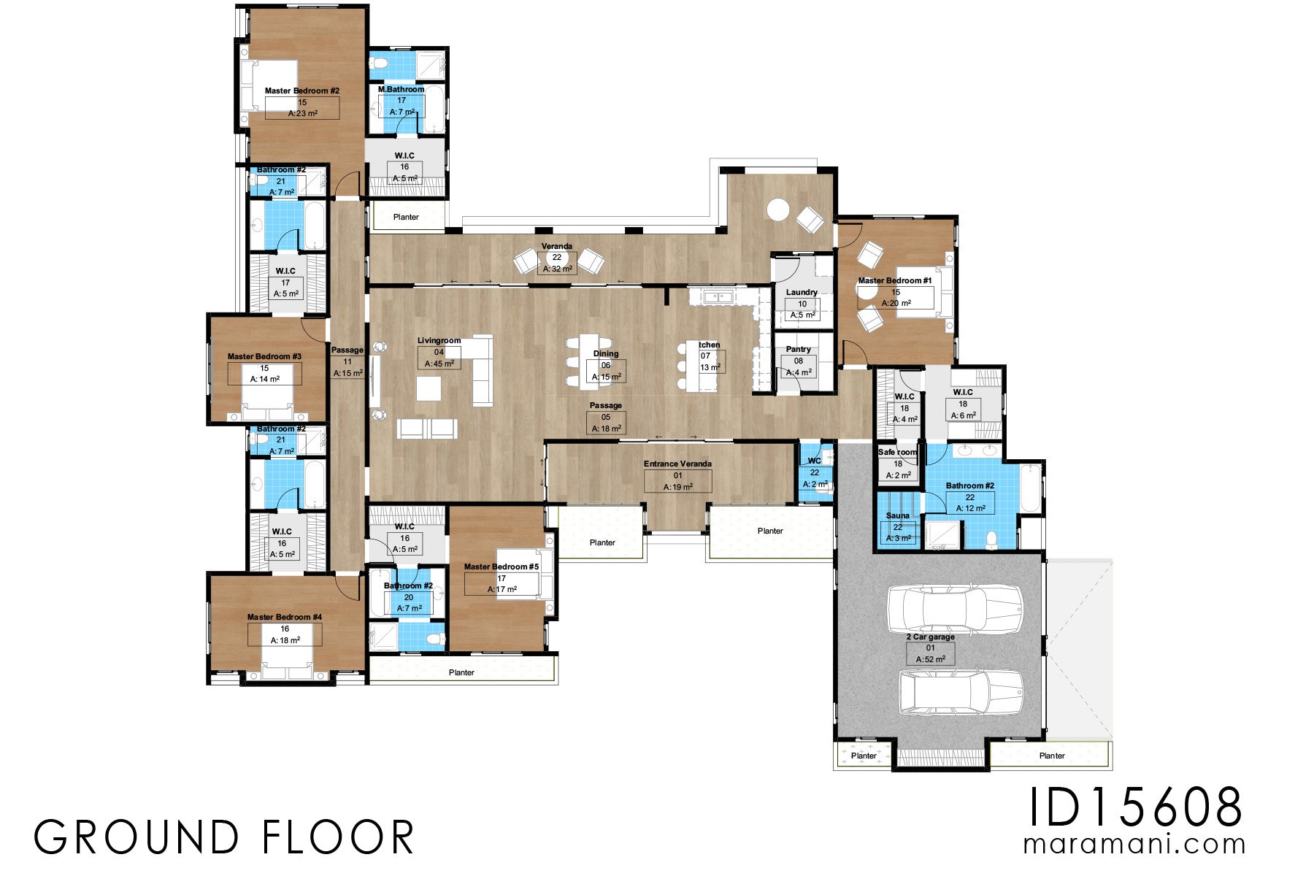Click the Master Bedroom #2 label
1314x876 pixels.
[x=301, y=91]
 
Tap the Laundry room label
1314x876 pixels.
[x=802, y=292]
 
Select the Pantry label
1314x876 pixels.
[x=799, y=350]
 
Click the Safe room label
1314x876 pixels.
[x=897, y=452]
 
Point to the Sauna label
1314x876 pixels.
[x=898, y=515]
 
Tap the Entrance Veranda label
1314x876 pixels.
[x=677, y=464]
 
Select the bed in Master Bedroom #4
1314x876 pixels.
[x=287, y=665]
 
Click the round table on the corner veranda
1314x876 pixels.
[x=777, y=210]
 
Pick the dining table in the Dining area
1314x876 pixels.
[x=589, y=362]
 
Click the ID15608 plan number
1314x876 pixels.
[x=1135, y=807]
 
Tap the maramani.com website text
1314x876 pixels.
[x=1134, y=845]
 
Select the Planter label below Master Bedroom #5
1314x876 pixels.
[x=461, y=672]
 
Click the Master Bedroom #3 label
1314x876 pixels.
[x=264, y=357]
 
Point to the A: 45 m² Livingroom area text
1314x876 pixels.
[x=439, y=364]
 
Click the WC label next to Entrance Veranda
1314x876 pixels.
[x=814, y=461]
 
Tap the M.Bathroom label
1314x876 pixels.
[x=401, y=89]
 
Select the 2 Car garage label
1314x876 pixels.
[x=930, y=637]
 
